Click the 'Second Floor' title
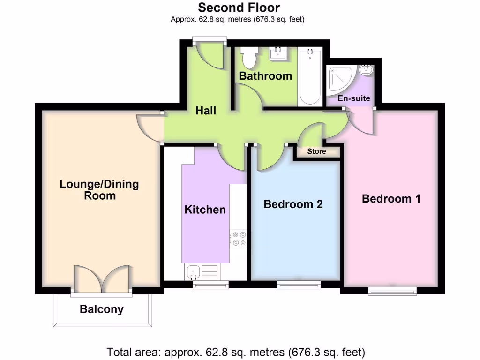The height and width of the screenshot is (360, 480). (x=239, y=7)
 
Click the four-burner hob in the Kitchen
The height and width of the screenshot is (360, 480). (x=238, y=238)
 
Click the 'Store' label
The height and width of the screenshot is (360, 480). (x=316, y=151)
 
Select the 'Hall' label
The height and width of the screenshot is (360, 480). (x=206, y=111)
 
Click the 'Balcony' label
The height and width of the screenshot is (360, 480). (x=102, y=309)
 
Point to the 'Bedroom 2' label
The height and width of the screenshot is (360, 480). (x=293, y=204)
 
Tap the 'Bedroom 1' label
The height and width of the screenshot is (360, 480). (x=391, y=199)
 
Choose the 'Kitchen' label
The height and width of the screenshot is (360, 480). (x=205, y=210)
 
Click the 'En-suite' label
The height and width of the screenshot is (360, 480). (x=354, y=98)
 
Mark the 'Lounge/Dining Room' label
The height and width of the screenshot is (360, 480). (x=99, y=189)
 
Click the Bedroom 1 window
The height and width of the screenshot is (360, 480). (x=392, y=291)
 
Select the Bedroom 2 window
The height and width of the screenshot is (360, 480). (x=299, y=284)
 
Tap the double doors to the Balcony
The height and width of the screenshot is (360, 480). (x=102, y=280)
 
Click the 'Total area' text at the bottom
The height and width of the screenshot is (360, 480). (x=236, y=352)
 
